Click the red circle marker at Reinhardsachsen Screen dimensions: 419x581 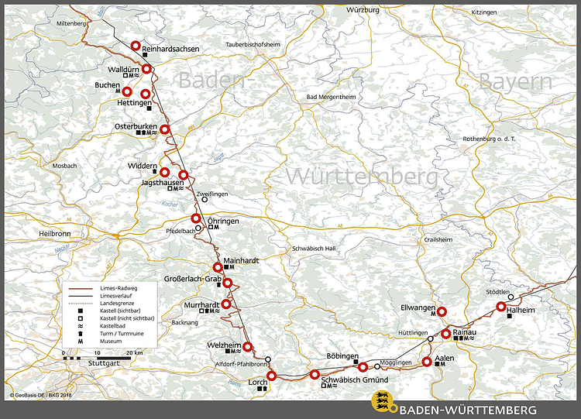tap(136, 46)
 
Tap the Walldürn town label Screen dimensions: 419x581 tap(123, 69)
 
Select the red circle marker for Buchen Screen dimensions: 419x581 tap(127, 91)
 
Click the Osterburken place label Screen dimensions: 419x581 tap(136, 126)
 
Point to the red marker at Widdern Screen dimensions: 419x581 tap(164, 172)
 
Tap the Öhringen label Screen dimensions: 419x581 tap(224, 221)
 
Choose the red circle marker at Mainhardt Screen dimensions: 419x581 tap(218, 267)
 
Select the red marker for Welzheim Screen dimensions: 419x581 tap(248, 346)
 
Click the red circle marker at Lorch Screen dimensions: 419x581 tap(271, 376)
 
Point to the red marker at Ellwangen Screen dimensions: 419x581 tap(442, 312)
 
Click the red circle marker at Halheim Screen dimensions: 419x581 tap(501, 307)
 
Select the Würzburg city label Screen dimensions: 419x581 tap(363, 10)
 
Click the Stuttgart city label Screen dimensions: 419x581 tap(105, 363)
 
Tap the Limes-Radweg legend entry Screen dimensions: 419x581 tap(115, 287)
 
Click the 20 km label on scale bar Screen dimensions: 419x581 tap(133, 352)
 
